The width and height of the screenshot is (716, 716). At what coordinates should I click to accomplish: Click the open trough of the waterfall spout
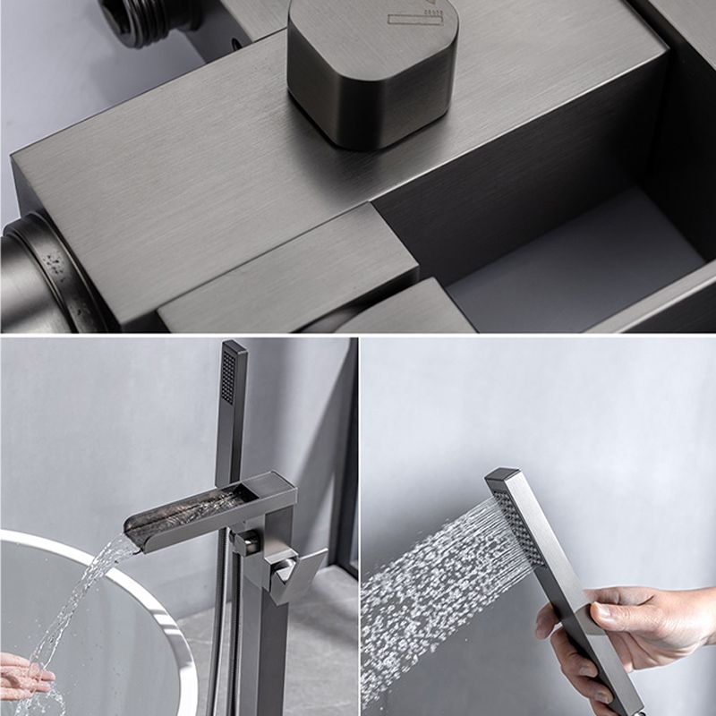(x=192, y=507)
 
